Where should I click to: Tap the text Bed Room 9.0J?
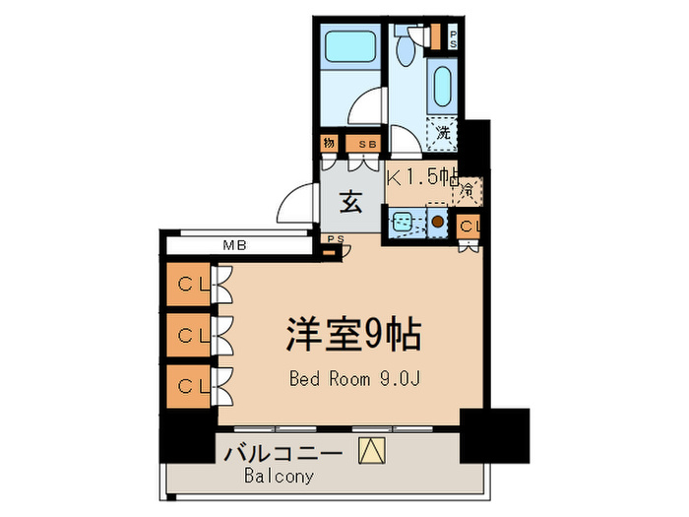[x=353, y=378]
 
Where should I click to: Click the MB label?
[x=233, y=246]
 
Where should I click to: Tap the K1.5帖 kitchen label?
[x=422, y=177]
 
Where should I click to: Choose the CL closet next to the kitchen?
[x=470, y=226]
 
